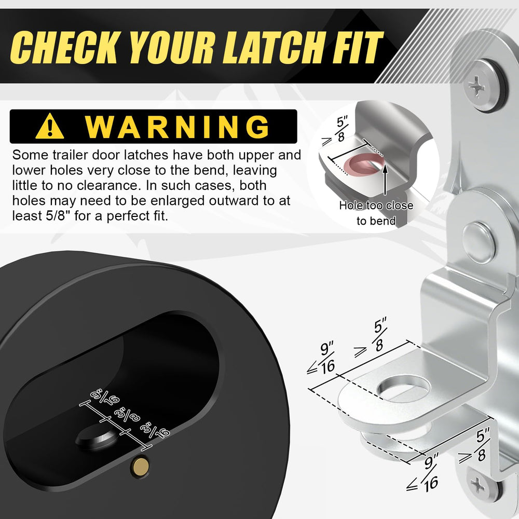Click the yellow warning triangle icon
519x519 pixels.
(50, 126)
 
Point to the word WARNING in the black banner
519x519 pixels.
(177, 127)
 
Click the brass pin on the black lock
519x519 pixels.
(140, 467)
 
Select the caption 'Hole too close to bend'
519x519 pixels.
(376, 213)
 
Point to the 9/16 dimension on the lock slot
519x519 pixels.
(105, 399)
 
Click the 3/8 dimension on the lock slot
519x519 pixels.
(127, 414)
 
